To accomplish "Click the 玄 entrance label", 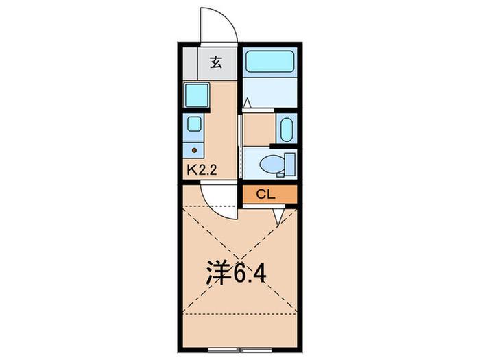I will click(215, 62).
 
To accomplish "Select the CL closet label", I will click(265, 194).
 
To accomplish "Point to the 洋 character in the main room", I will click(219, 274).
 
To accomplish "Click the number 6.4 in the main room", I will click(250, 274).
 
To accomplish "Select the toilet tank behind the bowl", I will click(289, 165).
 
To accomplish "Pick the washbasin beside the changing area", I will click(287, 128).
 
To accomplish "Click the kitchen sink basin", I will click(194, 125).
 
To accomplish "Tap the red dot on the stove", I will click(194, 149).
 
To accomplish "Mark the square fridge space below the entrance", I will click(197, 95).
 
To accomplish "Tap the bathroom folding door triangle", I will click(246, 103).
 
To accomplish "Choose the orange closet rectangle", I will click(270, 194).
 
